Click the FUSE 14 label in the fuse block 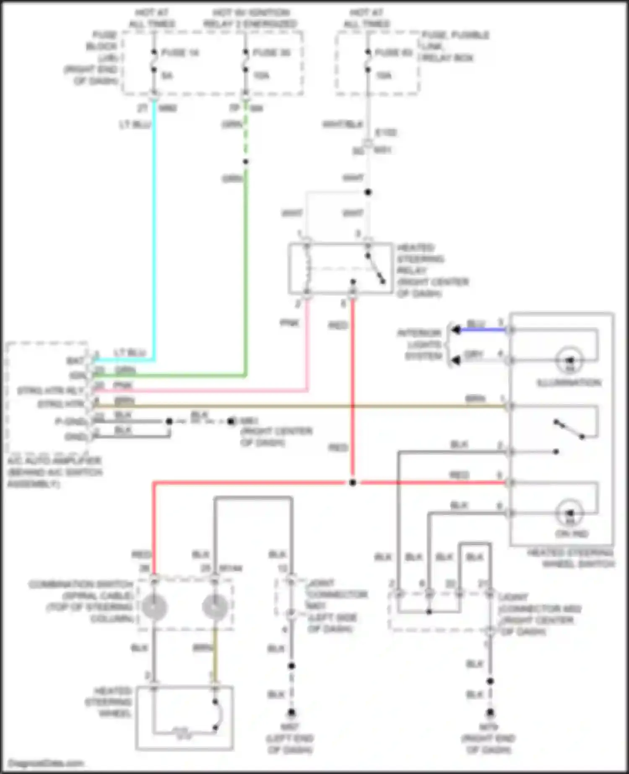pyautogui.click(x=179, y=53)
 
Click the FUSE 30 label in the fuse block pyautogui.click(x=271, y=53)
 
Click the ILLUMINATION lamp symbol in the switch pyautogui.click(x=569, y=360)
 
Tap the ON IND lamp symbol pyautogui.click(x=569, y=513)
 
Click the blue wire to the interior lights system pyautogui.click(x=482, y=330)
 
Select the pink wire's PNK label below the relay pyautogui.click(x=289, y=323)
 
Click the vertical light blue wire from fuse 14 pyautogui.click(x=154, y=231)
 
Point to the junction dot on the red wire pyautogui.click(x=353, y=483)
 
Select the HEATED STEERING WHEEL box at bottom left pyautogui.click(x=185, y=717)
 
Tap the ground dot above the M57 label pyautogui.click(x=291, y=712)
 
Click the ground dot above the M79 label pyautogui.click(x=490, y=712)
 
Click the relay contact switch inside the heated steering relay pyautogui.click(x=375, y=268)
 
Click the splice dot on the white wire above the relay pyautogui.click(x=368, y=192)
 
